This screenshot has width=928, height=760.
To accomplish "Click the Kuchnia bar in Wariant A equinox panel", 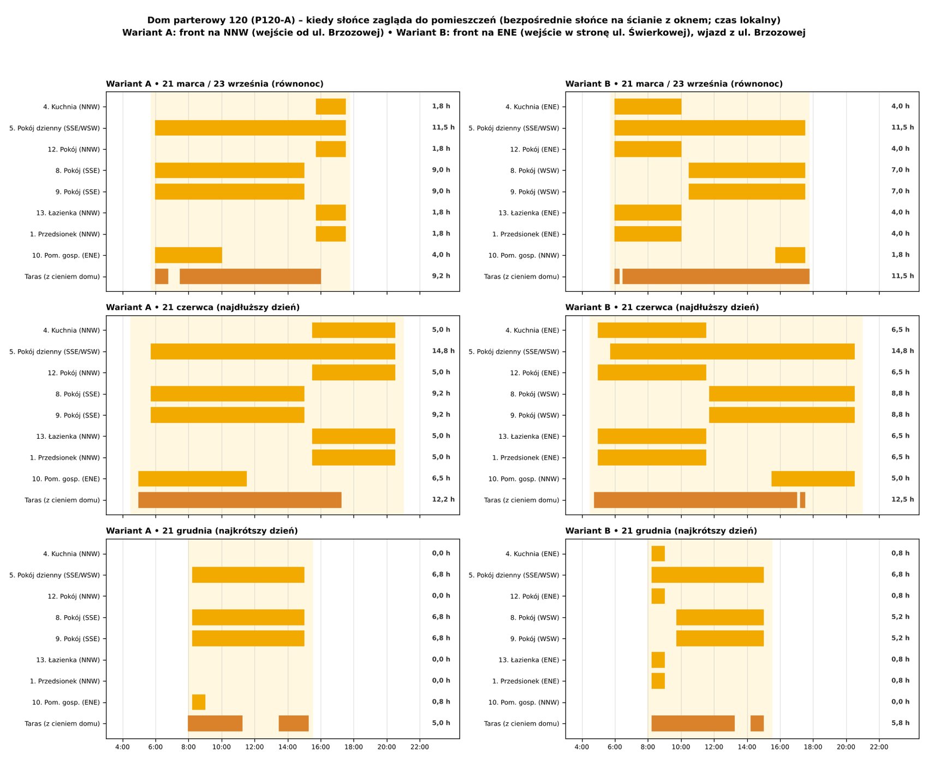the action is pos(331,107).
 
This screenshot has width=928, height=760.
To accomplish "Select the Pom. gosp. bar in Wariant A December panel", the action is pos(199,702).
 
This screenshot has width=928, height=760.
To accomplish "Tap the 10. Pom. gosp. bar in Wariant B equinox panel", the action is pos(790,255).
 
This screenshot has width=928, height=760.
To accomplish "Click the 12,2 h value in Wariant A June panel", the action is pos(443,499).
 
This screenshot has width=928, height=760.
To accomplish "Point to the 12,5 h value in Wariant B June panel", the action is pos(903,499).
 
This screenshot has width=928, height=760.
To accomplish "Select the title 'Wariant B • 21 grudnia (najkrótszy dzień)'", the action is pos(661,531).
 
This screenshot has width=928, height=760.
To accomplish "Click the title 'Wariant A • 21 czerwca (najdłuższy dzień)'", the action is pos(203,307).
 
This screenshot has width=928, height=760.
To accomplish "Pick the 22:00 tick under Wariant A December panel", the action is pos(420,747).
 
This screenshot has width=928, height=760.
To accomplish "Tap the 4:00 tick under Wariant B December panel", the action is pos(582,747).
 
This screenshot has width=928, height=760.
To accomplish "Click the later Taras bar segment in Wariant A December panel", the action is pos(294,723).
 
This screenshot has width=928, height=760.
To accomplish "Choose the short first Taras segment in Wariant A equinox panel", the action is pos(162,276).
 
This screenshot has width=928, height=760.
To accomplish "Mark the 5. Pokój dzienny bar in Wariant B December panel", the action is pos(707,575).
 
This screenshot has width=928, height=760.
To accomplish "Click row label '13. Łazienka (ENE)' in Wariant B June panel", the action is pos(529,437).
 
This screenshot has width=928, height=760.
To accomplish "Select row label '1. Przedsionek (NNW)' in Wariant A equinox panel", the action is pos(65,234).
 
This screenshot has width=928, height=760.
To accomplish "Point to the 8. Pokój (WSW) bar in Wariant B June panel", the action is pos(782,394).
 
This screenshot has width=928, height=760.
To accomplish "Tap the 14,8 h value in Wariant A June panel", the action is pos(443,351).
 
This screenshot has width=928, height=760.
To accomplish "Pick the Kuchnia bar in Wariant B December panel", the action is pos(658,553).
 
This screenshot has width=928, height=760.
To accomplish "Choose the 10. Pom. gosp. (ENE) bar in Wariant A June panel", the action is pos(193,479).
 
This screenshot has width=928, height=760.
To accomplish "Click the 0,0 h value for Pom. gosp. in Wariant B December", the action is pos(901,702).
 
